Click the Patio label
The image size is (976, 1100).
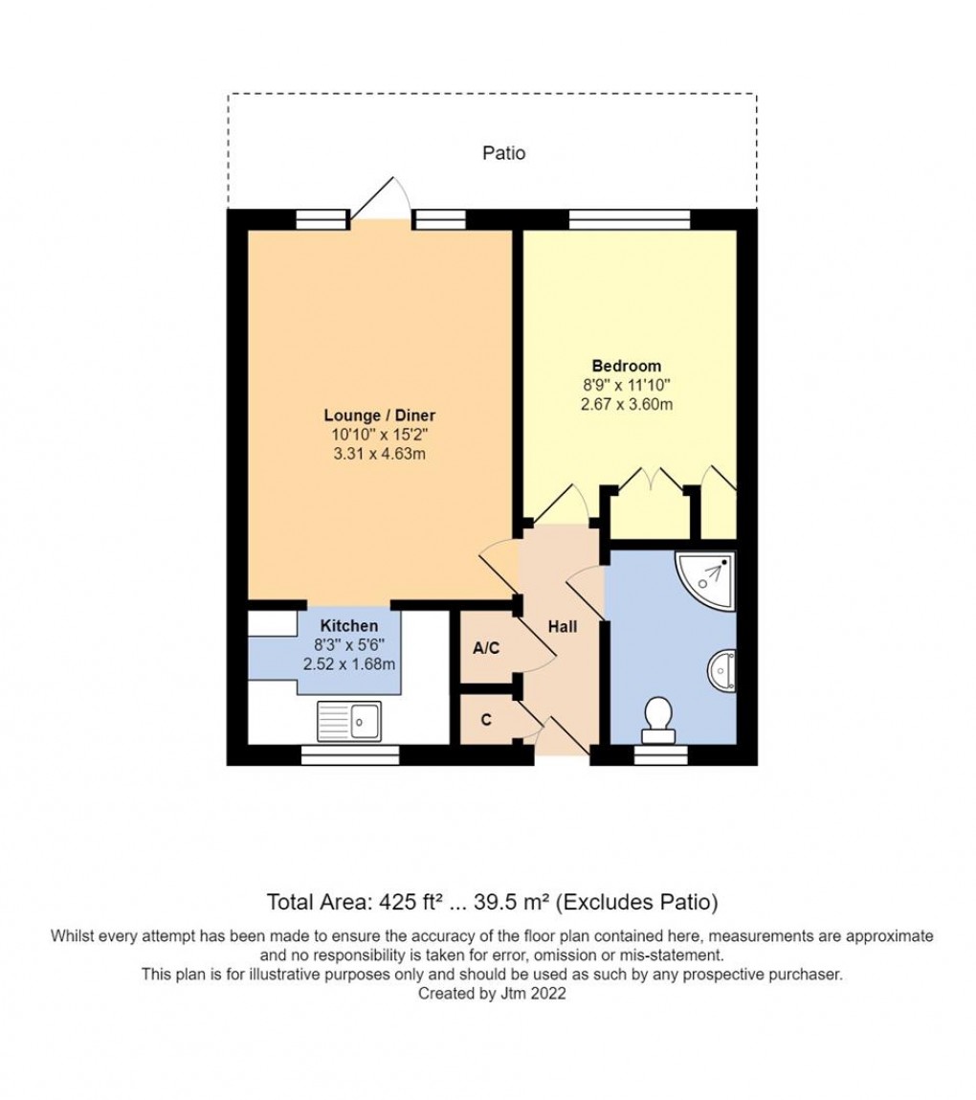click(503, 152)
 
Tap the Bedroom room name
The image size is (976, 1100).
click(626, 366)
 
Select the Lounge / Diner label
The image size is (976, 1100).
click(380, 415)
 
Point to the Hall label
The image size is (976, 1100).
click(562, 626)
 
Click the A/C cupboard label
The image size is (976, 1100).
click(486, 648)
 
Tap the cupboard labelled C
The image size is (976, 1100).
click(486, 720)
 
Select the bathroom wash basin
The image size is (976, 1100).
click(724, 671)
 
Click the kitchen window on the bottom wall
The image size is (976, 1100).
click(349, 755)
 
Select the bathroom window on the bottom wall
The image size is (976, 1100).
click(660, 755)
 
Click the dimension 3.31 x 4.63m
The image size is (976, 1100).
click(380, 454)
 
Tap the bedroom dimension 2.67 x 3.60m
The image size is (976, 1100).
click(626, 404)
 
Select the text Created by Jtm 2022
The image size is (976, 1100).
click(492, 994)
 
